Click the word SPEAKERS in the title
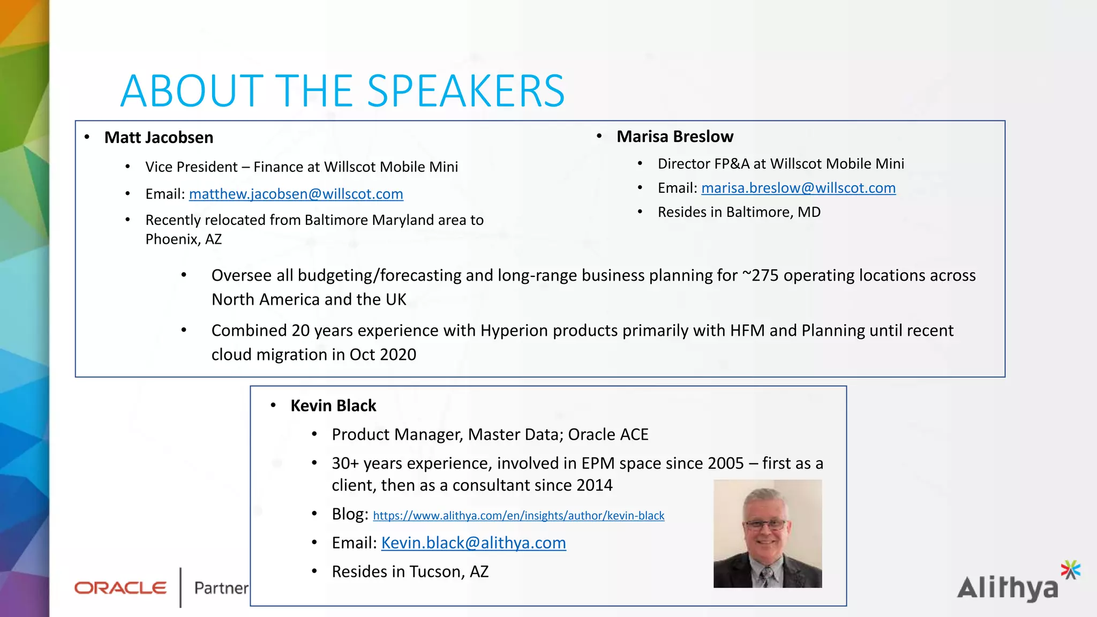[x=465, y=91]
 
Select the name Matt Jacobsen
[x=159, y=138]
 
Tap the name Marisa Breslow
[x=674, y=137]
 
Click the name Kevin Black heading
[x=333, y=406]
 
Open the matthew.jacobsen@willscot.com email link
[x=296, y=194]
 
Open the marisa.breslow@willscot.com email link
[x=798, y=188]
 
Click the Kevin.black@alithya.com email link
[x=474, y=543]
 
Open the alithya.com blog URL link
[x=519, y=516]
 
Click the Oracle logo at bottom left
[x=121, y=588]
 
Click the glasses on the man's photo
[x=767, y=524]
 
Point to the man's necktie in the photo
[x=767, y=576]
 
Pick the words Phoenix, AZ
[x=183, y=239]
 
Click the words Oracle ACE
[x=608, y=434]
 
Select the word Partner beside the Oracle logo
[x=221, y=588]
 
